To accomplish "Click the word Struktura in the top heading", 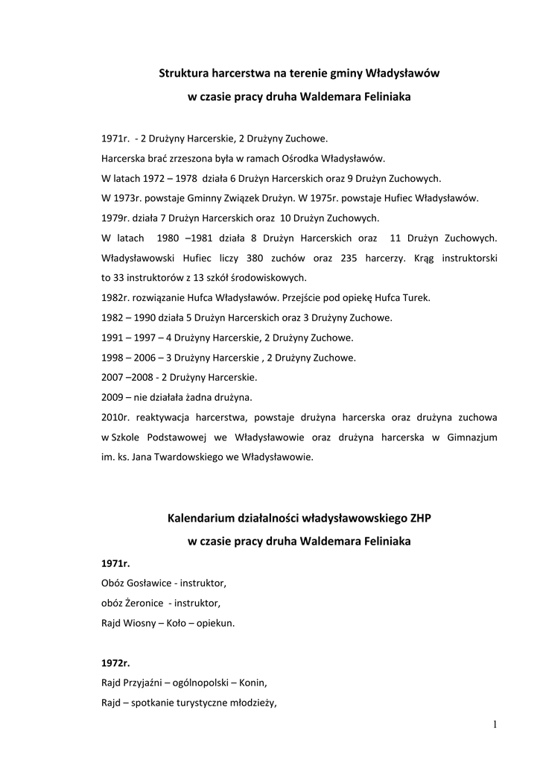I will click(x=184, y=73).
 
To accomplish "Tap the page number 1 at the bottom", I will click(x=494, y=724).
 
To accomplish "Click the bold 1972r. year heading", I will click(x=115, y=662).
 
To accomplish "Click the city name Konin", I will click(x=253, y=683).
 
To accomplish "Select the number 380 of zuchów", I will click(x=229, y=258).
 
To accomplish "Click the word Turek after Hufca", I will click(x=416, y=298).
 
